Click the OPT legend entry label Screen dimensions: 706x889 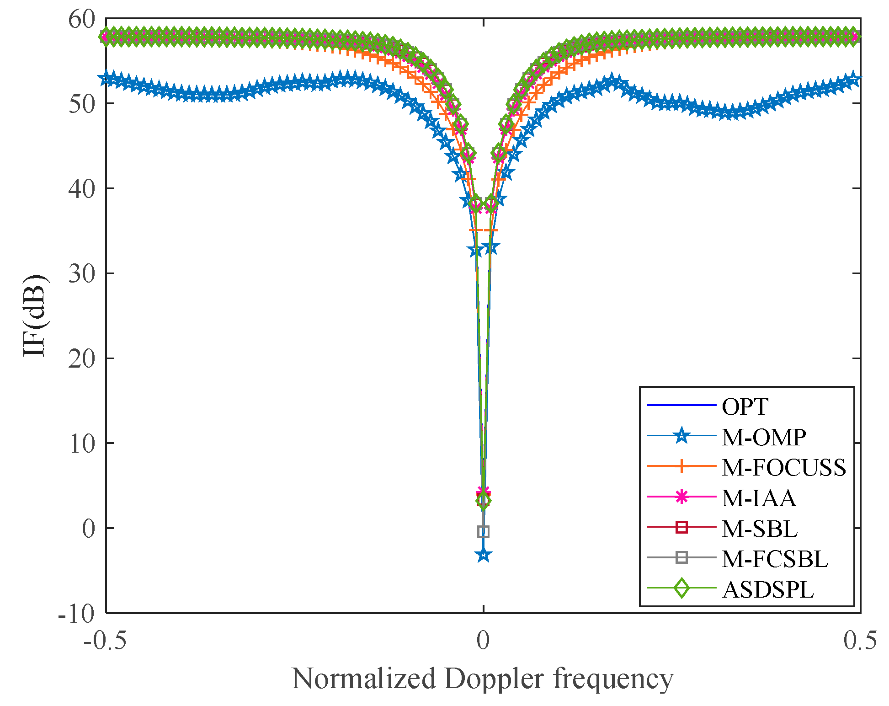coord(745,406)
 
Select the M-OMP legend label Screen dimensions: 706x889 coord(764,438)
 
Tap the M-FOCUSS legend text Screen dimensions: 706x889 coord(784,467)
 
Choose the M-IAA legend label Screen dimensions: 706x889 coord(759,498)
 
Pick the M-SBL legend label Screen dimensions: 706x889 coord(760,529)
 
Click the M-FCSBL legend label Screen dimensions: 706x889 coord(775,559)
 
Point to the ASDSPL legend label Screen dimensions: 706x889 coord(768,589)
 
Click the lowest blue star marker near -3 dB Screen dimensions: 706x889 coord(484,555)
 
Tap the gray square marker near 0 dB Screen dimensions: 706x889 coord(484,531)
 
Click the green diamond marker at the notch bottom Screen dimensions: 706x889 coord(484,501)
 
